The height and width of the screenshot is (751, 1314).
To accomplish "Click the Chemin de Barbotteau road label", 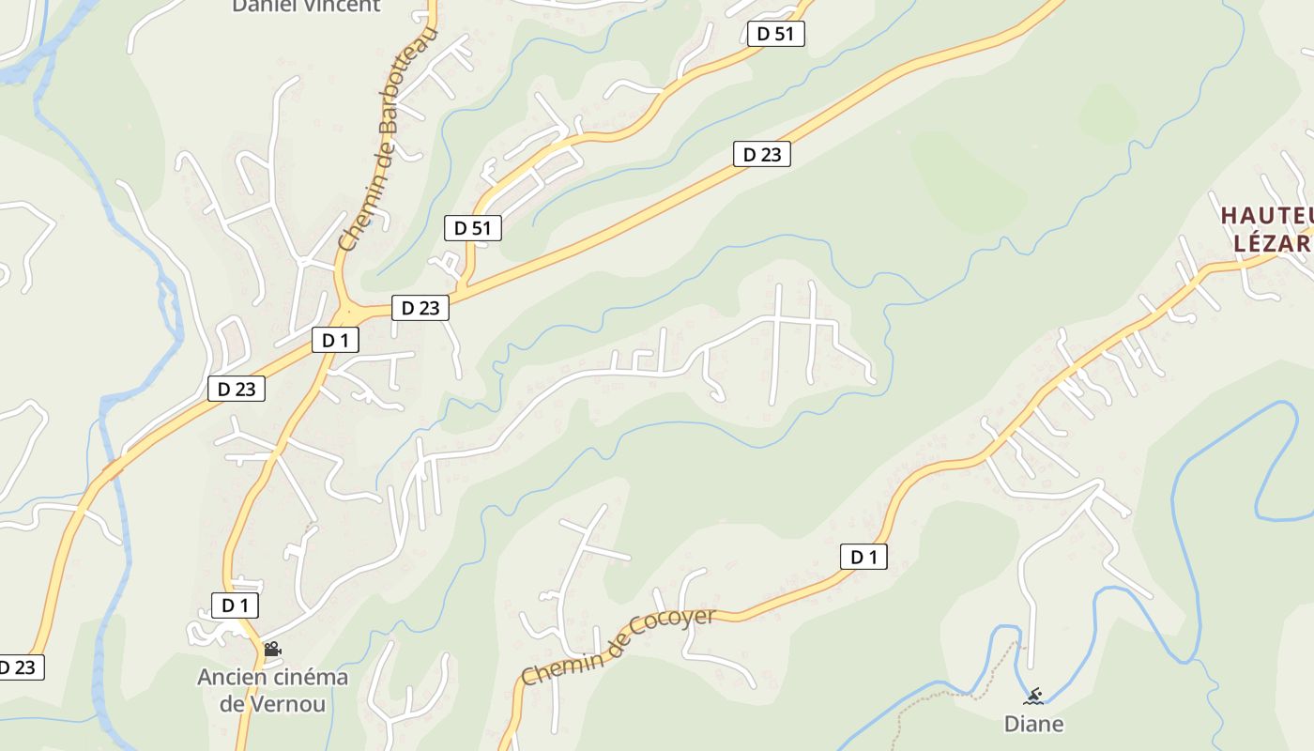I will pyautogui.click(x=388, y=139).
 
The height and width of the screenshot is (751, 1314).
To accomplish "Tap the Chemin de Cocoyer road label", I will pyautogui.click(x=618, y=646).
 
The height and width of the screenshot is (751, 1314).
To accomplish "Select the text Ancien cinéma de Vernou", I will pyautogui.click(x=272, y=690).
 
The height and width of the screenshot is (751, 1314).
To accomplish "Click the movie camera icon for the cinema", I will pyautogui.click(x=272, y=649).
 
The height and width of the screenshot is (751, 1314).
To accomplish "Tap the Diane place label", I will pyautogui.click(x=1033, y=724).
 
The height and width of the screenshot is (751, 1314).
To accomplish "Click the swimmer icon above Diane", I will pyautogui.click(x=1033, y=696).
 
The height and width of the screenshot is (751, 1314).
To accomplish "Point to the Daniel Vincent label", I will pyautogui.click(x=306, y=6).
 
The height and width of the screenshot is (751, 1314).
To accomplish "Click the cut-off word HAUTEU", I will pyautogui.click(x=1266, y=216).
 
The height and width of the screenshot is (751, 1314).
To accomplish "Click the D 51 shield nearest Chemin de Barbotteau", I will pyautogui.click(x=473, y=227).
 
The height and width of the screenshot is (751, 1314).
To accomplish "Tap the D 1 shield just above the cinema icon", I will pyautogui.click(x=235, y=605).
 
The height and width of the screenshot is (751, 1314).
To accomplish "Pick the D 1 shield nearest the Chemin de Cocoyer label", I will pyautogui.click(x=863, y=557).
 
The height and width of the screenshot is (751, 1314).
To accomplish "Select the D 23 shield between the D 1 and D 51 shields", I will pyautogui.click(x=420, y=307).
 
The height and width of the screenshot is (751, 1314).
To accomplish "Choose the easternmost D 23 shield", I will pyautogui.click(x=761, y=154).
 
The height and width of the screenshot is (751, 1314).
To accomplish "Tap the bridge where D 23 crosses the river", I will pyautogui.click(x=115, y=467).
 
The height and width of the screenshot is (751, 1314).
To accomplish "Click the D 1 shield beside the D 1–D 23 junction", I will pyautogui.click(x=335, y=340).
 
